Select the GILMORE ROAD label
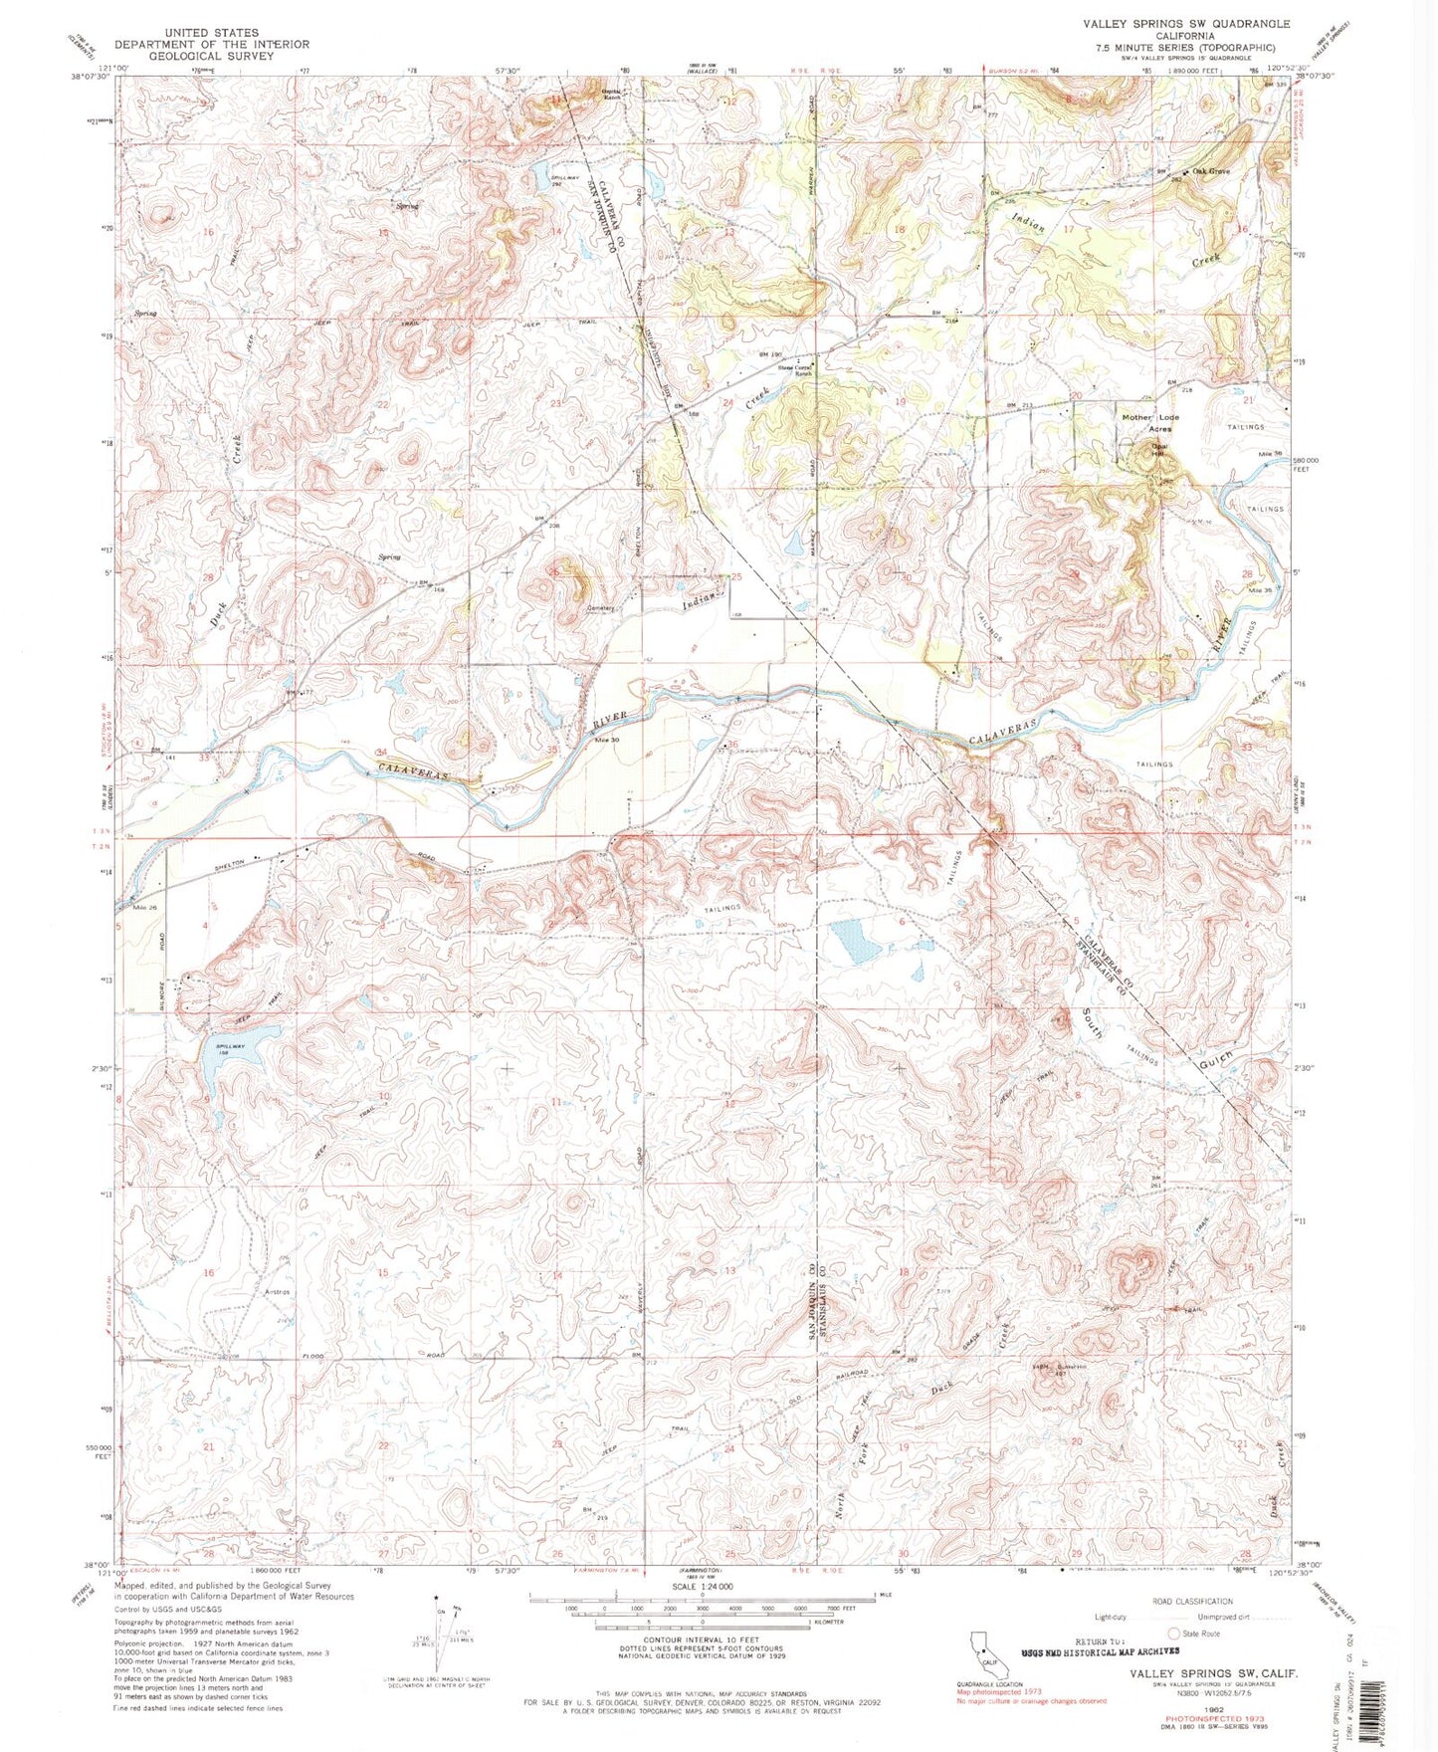point(164,956)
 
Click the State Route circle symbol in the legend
point(1173,1634)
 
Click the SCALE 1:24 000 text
point(702,1587)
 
